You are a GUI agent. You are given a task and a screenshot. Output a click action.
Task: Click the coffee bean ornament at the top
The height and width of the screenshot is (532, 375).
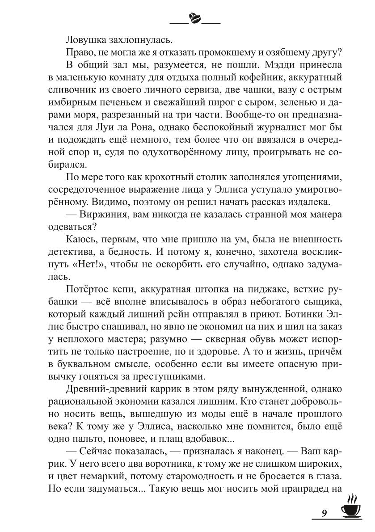pos(196,18)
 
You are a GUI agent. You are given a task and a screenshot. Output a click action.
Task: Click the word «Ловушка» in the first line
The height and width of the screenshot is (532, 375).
pos(84,39)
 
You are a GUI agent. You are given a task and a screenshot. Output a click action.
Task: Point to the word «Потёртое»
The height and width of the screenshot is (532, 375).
pos(84,289)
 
